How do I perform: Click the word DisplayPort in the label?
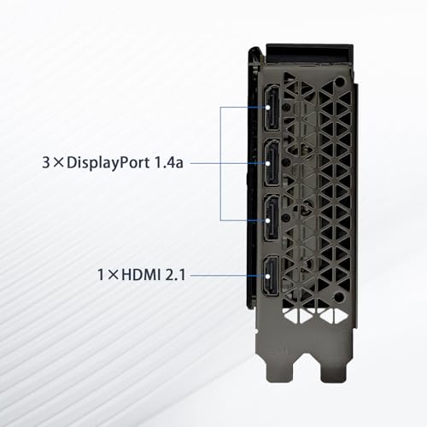(x=108, y=163)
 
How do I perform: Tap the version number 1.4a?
(x=169, y=162)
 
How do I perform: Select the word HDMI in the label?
(x=141, y=275)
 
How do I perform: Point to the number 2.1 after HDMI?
(x=175, y=275)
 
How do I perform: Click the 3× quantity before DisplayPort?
(x=53, y=163)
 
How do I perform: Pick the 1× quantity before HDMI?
(x=108, y=275)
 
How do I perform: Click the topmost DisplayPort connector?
(x=272, y=108)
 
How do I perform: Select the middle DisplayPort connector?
(x=272, y=163)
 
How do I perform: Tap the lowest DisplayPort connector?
(x=272, y=219)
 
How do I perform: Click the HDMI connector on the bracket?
(x=272, y=276)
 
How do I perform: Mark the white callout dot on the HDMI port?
(x=268, y=276)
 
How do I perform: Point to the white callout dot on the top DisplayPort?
(x=268, y=108)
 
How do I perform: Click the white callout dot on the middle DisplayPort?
(x=268, y=163)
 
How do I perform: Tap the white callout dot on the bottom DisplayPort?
(x=268, y=220)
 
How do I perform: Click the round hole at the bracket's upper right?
(x=340, y=83)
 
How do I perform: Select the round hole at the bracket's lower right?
(x=339, y=298)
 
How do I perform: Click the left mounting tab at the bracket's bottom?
(x=279, y=371)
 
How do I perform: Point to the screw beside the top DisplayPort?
(x=287, y=107)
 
